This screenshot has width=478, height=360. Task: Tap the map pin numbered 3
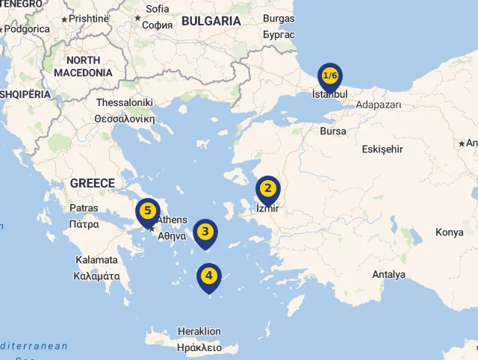click(205, 233)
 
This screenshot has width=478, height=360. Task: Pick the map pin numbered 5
click(148, 212)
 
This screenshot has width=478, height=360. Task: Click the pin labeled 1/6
click(330, 77)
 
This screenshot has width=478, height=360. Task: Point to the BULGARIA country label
click(211, 21)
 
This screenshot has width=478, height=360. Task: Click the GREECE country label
click(93, 183)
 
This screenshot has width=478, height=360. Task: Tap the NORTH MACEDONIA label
click(83, 66)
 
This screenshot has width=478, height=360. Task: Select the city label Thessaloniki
click(124, 102)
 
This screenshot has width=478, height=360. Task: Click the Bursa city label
click(333, 131)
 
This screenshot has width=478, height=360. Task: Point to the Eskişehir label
click(382, 149)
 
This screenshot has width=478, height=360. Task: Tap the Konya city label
click(450, 232)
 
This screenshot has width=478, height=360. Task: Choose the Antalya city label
click(388, 275)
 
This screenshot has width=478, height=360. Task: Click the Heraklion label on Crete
click(199, 332)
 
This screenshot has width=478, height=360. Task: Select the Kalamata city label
click(96, 260)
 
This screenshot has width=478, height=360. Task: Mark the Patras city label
click(84, 208)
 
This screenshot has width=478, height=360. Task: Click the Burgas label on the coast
click(279, 19)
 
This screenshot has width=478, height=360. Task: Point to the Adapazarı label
click(379, 105)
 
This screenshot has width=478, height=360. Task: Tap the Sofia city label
click(158, 9)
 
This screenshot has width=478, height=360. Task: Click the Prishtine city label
click(89, 18)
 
